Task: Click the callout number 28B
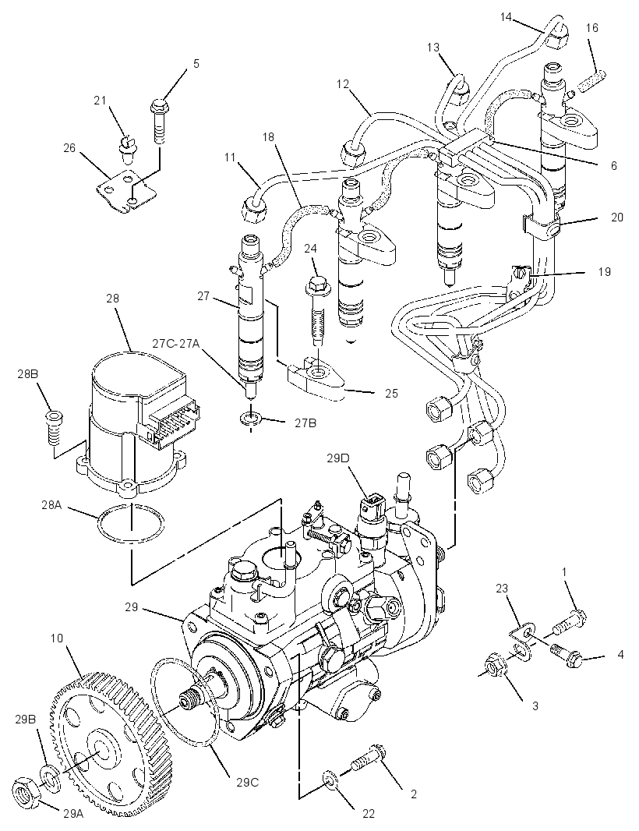[27, 373]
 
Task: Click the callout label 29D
[337, 458]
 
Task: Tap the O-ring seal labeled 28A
[130, 525]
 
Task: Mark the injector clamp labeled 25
[315, 377]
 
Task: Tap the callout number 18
[268, 137]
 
